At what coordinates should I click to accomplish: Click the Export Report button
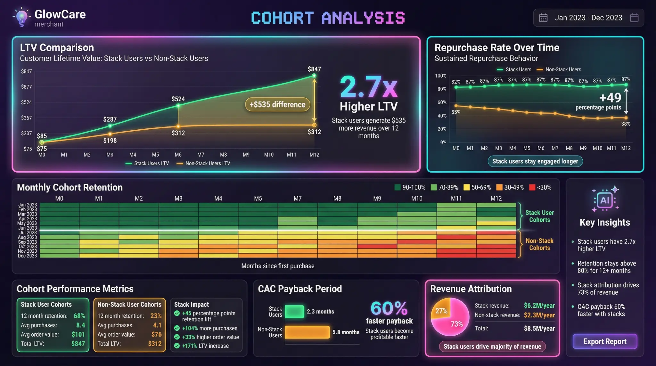605,341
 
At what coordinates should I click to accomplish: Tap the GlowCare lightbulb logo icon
22,17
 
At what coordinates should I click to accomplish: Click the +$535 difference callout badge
277,105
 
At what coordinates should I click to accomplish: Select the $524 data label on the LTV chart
178,99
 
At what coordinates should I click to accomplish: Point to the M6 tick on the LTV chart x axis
178,155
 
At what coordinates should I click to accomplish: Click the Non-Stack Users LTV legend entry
204,163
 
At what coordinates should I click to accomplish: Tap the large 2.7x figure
368,87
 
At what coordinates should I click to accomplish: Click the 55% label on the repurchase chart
456,112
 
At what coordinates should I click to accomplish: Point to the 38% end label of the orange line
626,124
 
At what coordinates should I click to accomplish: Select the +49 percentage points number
610,98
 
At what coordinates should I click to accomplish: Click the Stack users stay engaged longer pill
535,161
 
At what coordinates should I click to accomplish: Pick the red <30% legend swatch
532,187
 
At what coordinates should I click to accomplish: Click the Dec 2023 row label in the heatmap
27,256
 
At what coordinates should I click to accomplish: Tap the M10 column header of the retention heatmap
417,199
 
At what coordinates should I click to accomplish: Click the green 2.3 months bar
294,312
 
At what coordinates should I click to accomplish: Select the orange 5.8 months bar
307,332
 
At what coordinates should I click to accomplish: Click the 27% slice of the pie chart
441,310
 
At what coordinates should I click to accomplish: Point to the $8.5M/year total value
539,329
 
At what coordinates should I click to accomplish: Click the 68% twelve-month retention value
79,316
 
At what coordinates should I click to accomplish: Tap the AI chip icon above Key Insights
604,200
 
